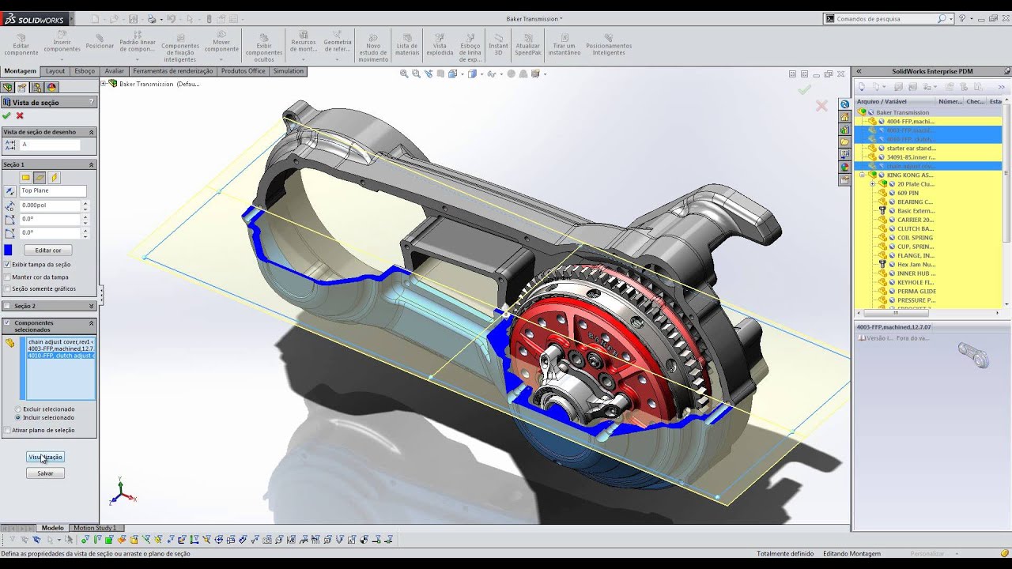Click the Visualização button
(45, 457)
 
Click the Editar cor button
(48, 251)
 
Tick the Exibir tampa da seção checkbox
(7, 265)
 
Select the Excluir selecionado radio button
(18, 409)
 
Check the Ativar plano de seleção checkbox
(7, 430)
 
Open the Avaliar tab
(114, 71)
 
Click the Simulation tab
(288, 71)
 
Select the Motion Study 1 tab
(94, 528)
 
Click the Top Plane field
(52, 191)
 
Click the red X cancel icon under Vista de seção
(20, 116)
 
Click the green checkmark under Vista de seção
(7, 116)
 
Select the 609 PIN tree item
(908, 193)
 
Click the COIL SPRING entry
(915, 238)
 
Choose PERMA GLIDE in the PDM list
(916, 292)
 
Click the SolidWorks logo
(28, 18)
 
